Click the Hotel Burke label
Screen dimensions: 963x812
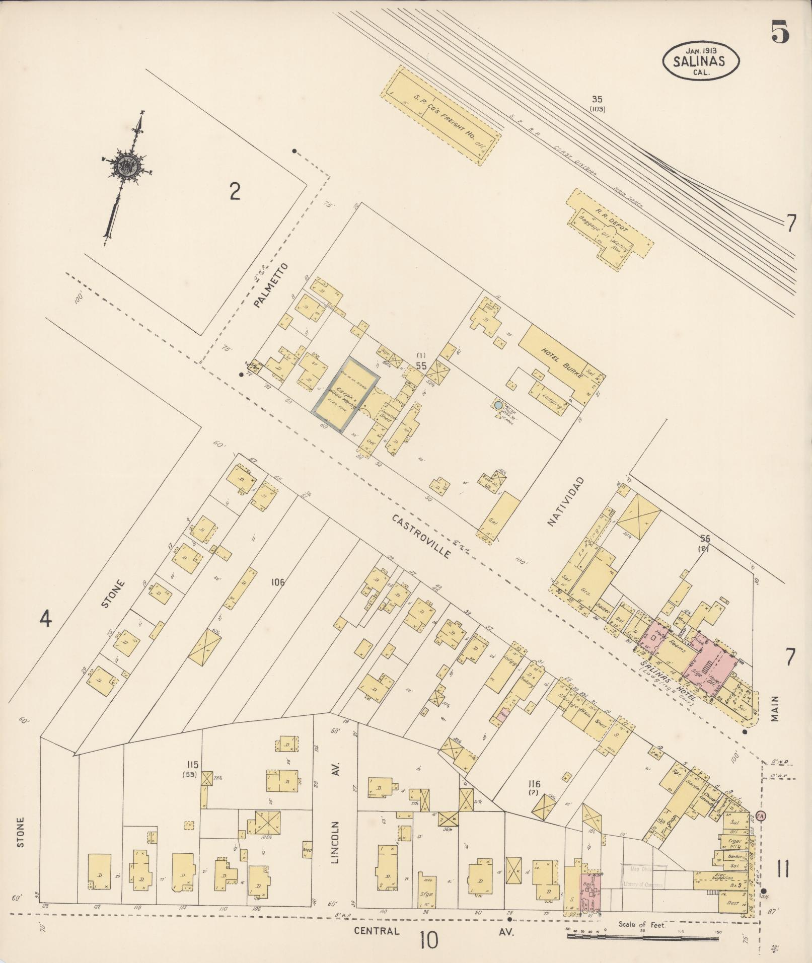click(x=561, y=363)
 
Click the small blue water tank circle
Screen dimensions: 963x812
click(x=498, y=405)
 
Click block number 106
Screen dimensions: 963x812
click(x=277, y=582)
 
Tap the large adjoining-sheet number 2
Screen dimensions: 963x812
click(x=234, y=191)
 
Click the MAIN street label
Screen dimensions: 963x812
click(x=774, y=709)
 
